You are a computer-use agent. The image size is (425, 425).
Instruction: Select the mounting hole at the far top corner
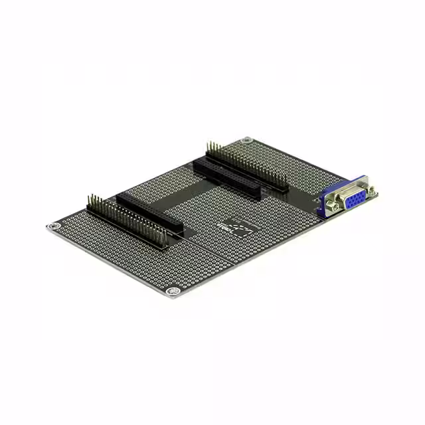click(247, 140)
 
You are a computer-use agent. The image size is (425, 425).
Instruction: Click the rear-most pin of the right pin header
click(208, 145)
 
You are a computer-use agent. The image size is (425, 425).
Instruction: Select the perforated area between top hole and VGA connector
click(292, 163)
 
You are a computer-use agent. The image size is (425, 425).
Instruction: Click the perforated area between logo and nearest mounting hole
click(206, 259)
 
